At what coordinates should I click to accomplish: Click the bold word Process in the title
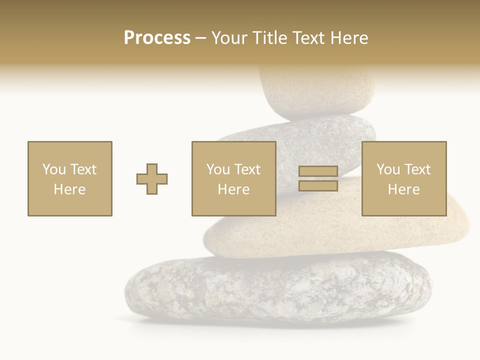pos(157,38)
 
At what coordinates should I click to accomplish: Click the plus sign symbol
pos(152,179)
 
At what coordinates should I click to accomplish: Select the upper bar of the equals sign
pos(318,171)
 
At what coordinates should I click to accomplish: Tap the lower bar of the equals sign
pos(318,186)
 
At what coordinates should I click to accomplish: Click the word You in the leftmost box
pos(54,169)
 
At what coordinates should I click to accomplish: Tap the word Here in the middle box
pos(233,189)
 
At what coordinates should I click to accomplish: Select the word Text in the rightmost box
pos(417,169)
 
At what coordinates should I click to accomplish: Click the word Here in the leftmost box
pos(69,189)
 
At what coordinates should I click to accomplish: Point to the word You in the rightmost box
pos(388,169)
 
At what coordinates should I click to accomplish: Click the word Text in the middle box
pos(247,169)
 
